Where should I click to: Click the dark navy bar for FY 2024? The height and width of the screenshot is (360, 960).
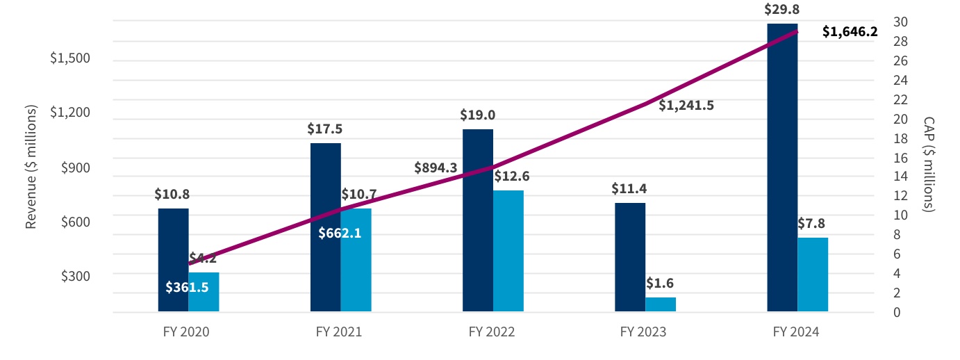coord(782,167)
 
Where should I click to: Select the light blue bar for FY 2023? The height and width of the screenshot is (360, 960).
coord(661,304)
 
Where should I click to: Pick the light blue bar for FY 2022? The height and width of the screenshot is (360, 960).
coord(508,250)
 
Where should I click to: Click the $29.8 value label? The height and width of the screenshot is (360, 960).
coord(781,9)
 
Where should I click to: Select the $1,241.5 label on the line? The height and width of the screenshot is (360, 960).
coord(686,106)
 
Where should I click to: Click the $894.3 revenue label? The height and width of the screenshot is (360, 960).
coord(436,167)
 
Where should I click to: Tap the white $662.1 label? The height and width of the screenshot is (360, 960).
coord(340,233)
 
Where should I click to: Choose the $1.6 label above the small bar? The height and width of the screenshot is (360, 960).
coord(660,284)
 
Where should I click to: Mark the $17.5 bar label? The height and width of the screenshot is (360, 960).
coord(325,129)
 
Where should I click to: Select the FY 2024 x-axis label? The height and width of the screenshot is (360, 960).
coord(796,332)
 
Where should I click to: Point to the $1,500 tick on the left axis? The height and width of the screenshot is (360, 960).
coord(70,58)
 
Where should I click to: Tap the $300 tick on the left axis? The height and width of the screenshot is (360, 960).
coord(75,276)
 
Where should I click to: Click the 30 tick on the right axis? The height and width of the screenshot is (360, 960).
coord(880,22)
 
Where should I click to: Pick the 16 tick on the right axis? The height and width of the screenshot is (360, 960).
coord(879,158)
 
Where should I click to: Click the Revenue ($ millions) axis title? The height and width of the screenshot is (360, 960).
coord(31,167)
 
